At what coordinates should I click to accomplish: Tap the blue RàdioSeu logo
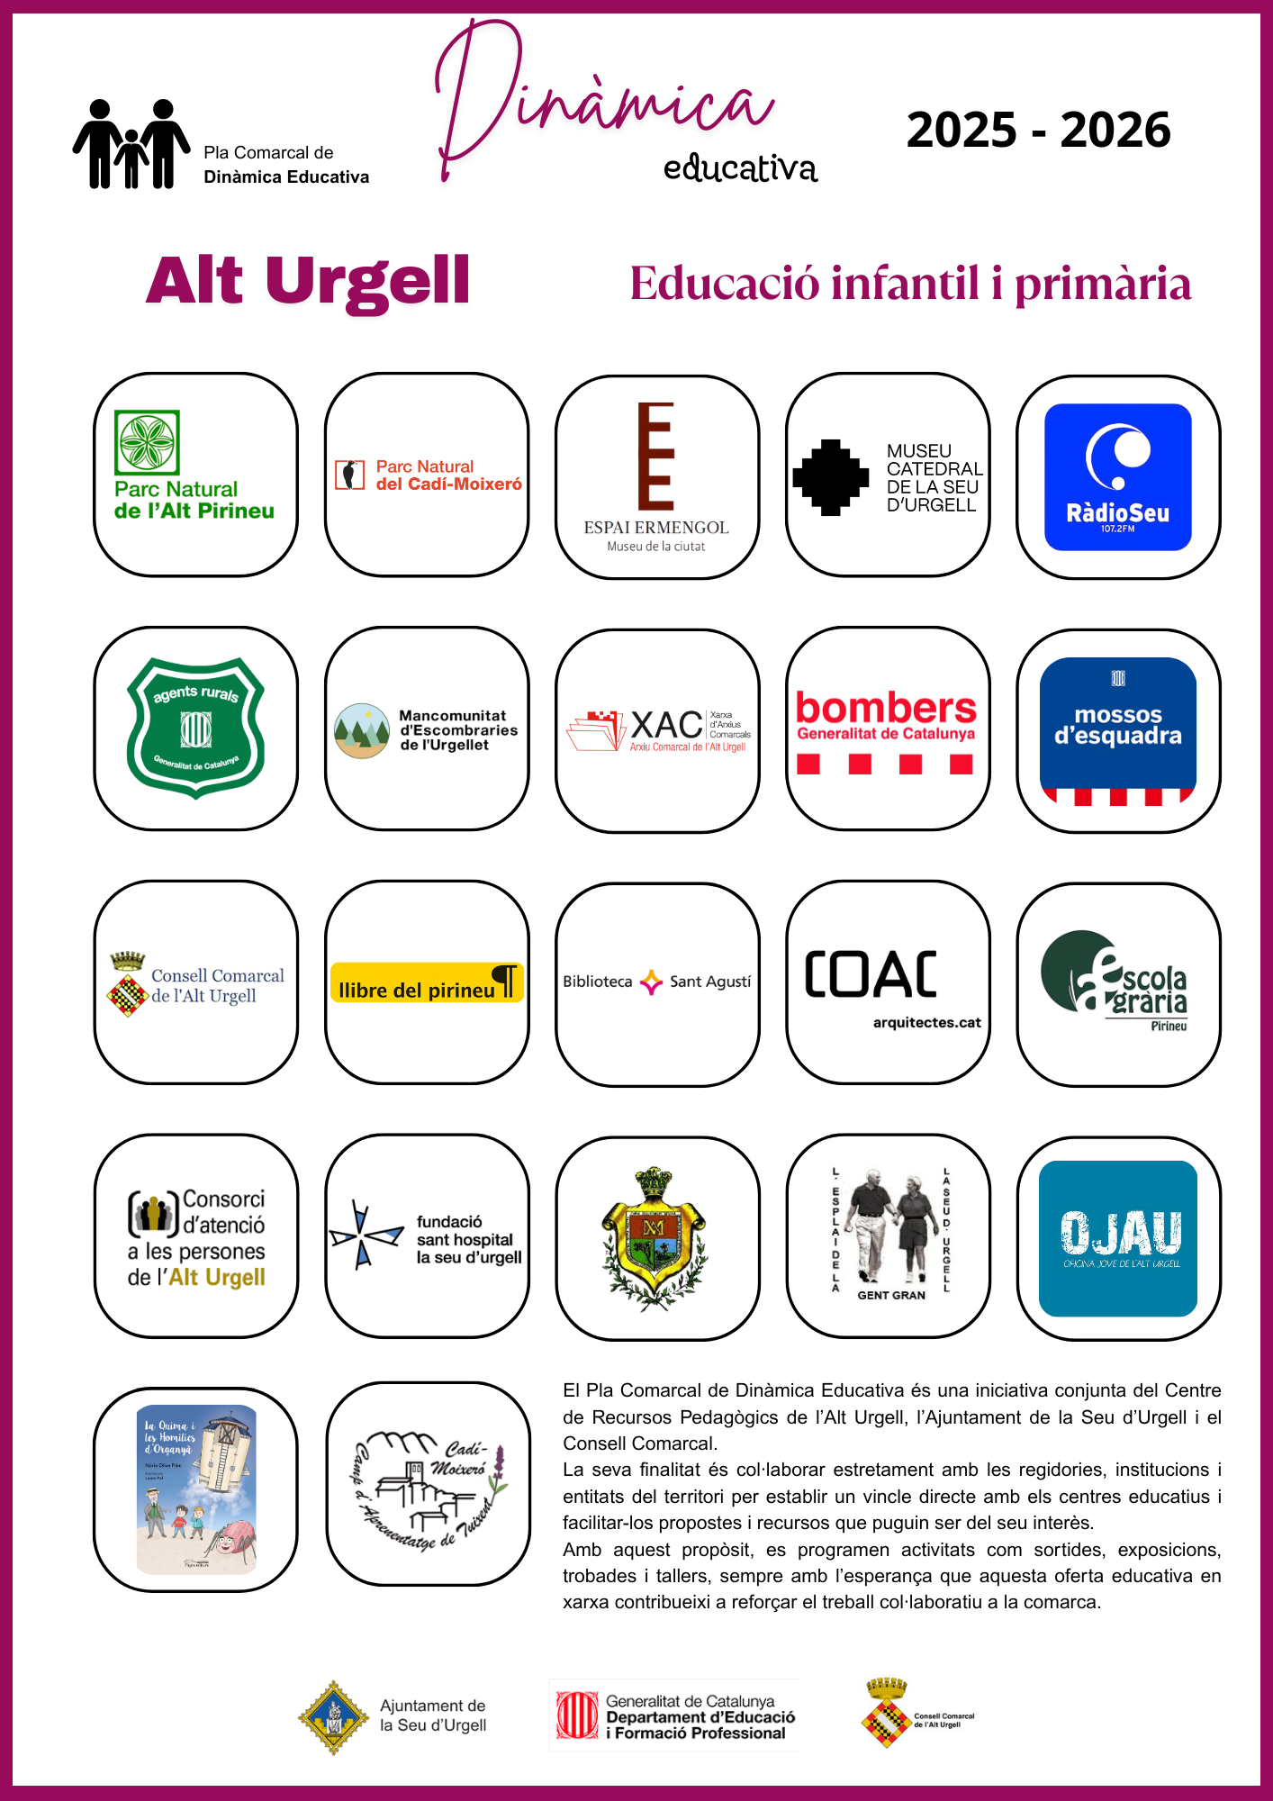point(1117,476)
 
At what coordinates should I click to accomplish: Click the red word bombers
point(886,708)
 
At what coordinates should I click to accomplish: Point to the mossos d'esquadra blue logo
point(1117,728)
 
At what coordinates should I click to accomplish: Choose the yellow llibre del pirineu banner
point(427,983)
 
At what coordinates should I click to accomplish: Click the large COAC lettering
point(871,974)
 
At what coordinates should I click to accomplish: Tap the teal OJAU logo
point(1118,1238)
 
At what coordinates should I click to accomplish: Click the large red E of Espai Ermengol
point(656,456)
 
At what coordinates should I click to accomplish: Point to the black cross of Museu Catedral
point(830,477)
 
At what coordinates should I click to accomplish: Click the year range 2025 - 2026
point(1038,131)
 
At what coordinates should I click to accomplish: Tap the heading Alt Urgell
point(308,280)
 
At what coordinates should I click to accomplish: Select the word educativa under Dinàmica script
point(740,168)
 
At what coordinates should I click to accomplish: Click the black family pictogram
point(131,144)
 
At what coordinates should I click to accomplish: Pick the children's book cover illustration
point(196,1489)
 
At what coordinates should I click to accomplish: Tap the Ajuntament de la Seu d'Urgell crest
point(333,1716)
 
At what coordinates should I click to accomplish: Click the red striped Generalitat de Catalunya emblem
point(577,1715)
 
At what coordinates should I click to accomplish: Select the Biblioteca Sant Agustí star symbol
point(651,982)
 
